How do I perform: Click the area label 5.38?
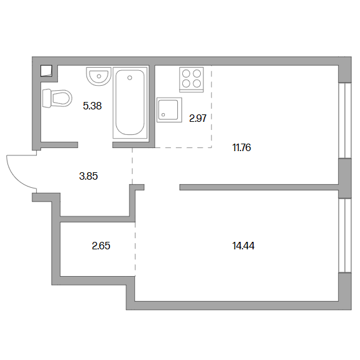point(92,106)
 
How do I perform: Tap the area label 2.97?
point(198,119)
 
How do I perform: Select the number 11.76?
point(241,147)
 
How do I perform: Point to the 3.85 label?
point(88,176)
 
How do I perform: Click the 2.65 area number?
point(101,246)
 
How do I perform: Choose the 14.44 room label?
point(243,246)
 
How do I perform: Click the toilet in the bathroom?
point(57,98)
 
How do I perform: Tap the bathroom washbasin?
point(99,76)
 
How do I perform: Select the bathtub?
point(130,103)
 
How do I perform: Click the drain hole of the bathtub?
point(130,78)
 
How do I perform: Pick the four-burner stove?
point(192,80)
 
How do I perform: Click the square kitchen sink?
point(169,110)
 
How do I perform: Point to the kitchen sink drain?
point(164,115)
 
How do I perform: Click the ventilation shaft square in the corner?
point(47,71)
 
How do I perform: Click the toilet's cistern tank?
point(47,98)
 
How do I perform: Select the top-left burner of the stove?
point(186,74)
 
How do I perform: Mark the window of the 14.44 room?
point(345,235)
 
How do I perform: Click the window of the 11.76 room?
point(345,120)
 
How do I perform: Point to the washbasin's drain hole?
point(99,76)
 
